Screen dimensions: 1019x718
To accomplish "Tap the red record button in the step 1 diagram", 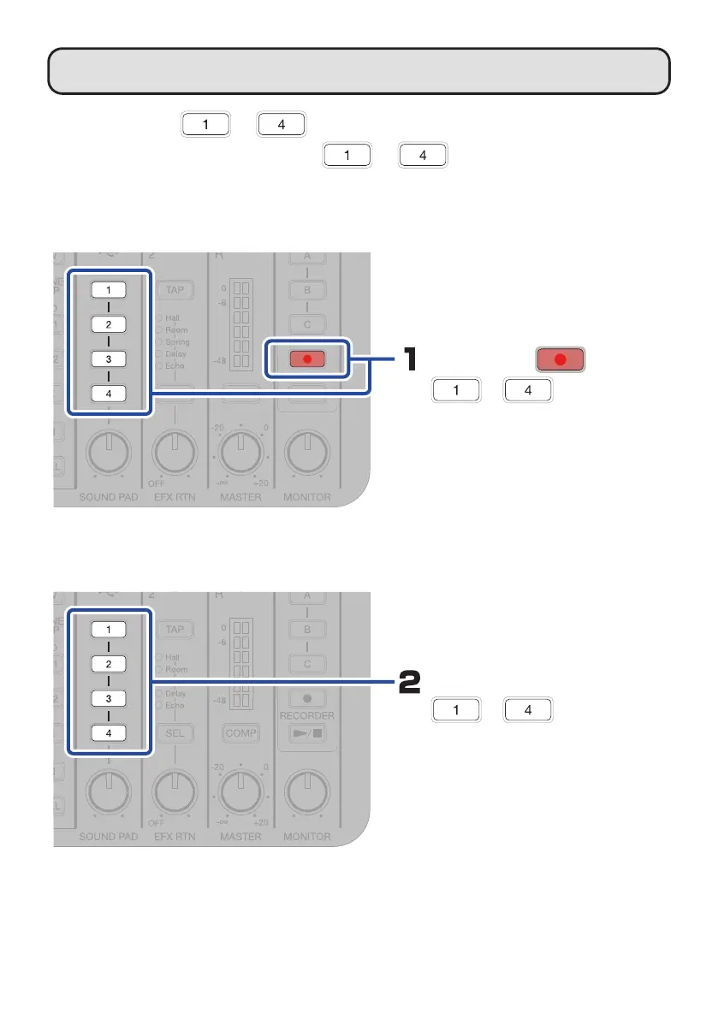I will pyautogui.click(x=308, y=358).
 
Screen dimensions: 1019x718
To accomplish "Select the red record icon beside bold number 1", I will pyautogui.click(x=560, y=359).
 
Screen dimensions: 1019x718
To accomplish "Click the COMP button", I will pyautogui.click(x=241, y=733).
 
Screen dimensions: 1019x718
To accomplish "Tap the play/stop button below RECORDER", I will pyautogui.click(x=308, y=733).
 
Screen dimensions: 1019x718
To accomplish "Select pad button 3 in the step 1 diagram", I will pyautogui.click(x=109, y=358).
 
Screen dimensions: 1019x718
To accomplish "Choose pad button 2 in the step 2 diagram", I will pyautogui.click(x=109, y=664).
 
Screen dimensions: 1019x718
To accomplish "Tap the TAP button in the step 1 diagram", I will pyautogui.click(x=175, y=289).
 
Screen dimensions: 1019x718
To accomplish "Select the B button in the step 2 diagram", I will pyautogui.click(x=308, y=629).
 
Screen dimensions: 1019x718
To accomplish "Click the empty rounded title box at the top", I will pyautogui.click(x=358, y=70).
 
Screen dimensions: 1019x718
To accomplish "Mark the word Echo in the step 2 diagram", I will pyautogui.click(x=175, y=705).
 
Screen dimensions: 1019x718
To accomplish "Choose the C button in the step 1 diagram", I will pyautogui.click(x=308, y=324).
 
